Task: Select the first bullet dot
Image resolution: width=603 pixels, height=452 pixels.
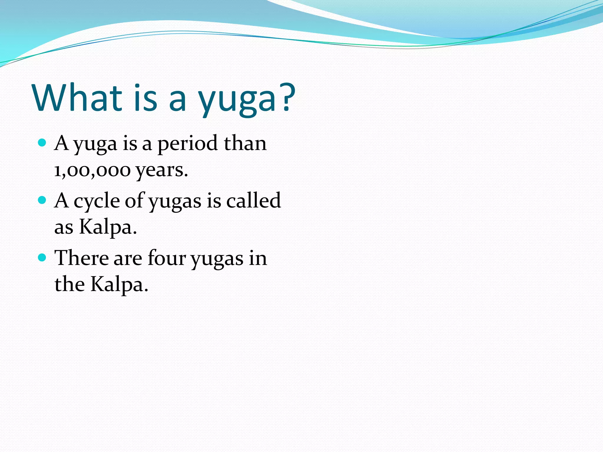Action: click(42, 143)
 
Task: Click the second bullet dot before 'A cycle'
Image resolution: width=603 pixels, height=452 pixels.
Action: click(42, 200)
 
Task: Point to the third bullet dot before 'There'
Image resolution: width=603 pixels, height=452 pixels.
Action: click(42, 258)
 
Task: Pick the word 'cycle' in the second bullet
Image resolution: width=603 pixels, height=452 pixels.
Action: click(97, 202)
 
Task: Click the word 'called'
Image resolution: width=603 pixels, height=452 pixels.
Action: click(253, 200)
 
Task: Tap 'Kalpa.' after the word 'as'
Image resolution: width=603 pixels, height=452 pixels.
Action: click(108, 227)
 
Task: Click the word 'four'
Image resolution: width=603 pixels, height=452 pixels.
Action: click(167, 258)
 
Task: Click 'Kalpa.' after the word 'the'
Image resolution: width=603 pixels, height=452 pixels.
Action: click(119, 285)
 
